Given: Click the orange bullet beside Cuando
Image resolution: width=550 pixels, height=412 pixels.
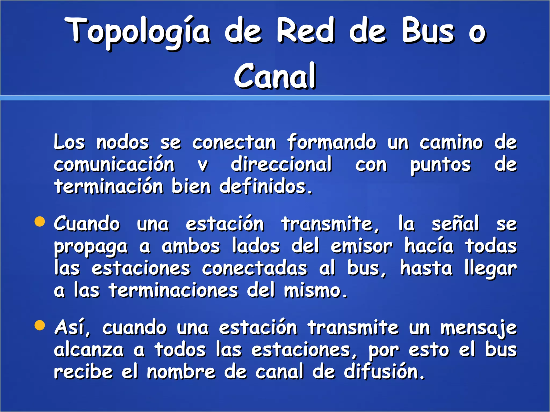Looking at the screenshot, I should (x=40, y=222).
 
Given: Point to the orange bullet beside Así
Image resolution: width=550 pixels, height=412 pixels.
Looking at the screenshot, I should (x=40, y=326).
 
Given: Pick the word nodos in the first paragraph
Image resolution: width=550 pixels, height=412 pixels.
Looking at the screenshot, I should (x=122, y=142).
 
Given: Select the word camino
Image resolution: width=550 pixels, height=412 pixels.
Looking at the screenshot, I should (x=451, y=142).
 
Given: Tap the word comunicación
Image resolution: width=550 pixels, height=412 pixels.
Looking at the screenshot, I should (x=114, y=164).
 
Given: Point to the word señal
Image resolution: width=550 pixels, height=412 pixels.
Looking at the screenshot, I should (x=455, y=223).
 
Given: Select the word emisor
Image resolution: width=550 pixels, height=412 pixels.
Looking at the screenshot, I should (x=361, y=246).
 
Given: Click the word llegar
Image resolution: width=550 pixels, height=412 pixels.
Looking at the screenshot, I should (x=491, y=268).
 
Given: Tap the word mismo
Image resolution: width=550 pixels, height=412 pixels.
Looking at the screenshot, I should (x=316, y=290).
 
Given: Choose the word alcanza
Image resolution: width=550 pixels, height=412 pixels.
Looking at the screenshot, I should (x=89, y=350).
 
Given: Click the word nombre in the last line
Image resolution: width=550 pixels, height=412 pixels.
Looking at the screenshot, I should (x=181, y=372).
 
